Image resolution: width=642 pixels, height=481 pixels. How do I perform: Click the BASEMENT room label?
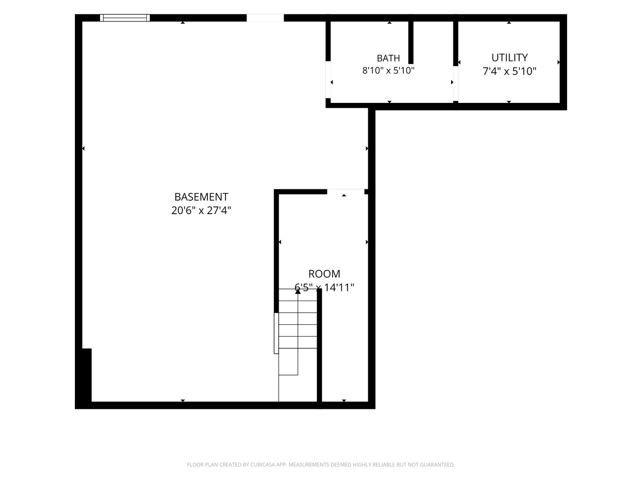point(201,197)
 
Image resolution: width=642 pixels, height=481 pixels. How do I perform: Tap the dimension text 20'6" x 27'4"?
point(201,210)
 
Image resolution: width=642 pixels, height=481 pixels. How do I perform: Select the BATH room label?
point(388,58)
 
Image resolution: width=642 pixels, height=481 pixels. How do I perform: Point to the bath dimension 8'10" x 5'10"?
point(388,70)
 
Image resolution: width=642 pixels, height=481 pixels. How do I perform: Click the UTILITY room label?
point(510,57)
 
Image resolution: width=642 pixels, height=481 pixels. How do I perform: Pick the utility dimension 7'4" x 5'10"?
point(510,71)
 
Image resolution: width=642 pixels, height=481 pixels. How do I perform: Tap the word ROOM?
point(325,273)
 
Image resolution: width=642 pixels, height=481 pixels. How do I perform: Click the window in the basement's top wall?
point(125,18)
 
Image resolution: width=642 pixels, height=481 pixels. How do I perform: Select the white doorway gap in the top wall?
point(265,18)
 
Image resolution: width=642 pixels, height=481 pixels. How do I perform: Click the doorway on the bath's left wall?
point(328,79)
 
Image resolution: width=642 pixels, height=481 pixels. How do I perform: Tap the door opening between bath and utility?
point(456,84)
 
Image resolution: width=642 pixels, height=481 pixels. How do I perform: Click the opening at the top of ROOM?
point(346,192)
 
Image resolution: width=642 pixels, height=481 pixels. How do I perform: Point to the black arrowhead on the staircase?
point(298,291)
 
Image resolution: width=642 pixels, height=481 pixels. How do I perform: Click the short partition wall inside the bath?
point(411,42)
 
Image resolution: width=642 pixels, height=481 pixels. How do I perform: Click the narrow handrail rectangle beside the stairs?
point(276,333)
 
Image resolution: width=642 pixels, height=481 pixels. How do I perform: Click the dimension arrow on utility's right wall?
point(559,62)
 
